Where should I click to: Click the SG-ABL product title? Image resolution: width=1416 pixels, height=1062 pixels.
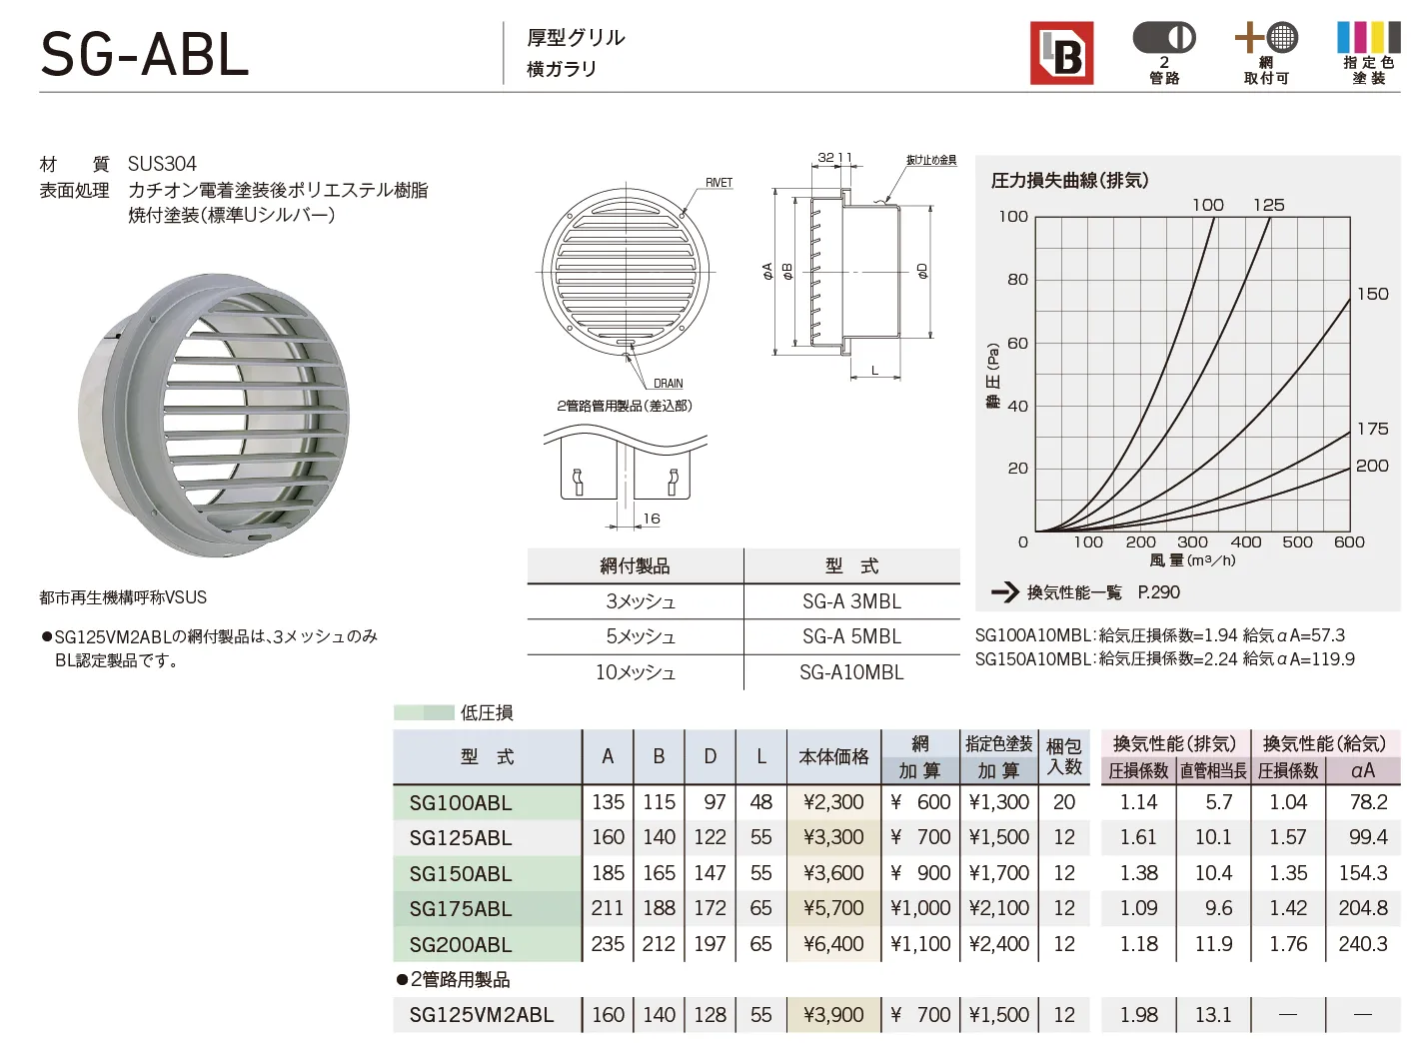click(145, 56)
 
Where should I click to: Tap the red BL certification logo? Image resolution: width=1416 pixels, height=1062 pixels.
click(1061, 53)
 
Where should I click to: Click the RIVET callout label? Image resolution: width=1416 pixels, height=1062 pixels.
click(718, 183)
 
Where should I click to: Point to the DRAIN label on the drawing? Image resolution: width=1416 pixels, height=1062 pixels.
click(668, 383)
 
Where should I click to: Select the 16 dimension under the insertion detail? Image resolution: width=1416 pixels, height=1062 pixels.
click(652, 518)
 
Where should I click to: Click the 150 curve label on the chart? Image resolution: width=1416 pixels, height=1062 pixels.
click(1372, 294)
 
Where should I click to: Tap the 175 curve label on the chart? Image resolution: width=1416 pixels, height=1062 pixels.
click(1372, 429)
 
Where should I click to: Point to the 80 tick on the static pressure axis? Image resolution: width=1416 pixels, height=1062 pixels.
click(1017, 279)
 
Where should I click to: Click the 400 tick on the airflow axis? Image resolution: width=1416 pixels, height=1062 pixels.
click(1245, 542)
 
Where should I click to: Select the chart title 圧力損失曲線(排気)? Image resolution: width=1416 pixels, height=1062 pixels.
click(1069, 180)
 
